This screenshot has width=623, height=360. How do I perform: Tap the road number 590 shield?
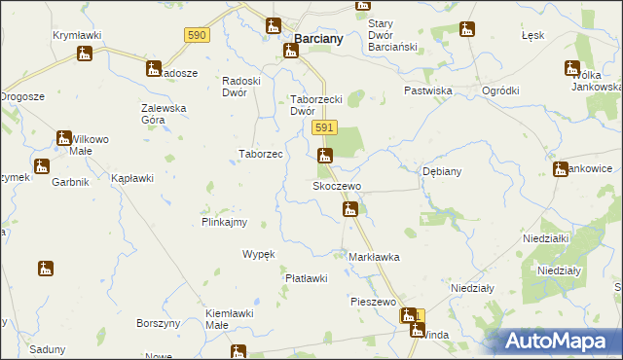coord(197,34)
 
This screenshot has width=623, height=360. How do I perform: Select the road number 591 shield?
coord(325,127)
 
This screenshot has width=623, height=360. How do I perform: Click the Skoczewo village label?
coord(336,185)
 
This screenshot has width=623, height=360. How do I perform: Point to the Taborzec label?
coord(261,154)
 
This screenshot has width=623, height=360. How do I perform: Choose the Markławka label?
coord(374,257)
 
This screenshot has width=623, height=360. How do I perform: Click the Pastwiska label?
coord(429,90)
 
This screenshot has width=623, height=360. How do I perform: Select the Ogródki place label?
coord(500,90)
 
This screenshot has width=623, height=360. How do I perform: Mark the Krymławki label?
coord(77,35)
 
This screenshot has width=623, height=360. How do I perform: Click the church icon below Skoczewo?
coord(350,209)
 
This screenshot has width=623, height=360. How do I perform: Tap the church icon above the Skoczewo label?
coord(325,155)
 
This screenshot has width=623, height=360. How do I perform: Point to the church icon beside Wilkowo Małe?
coord(64,139)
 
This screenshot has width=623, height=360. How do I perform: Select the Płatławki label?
coord(305,278)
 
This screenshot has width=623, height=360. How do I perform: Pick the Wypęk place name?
coord(259,254)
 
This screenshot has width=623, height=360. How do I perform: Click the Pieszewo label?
coord(373,302)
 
